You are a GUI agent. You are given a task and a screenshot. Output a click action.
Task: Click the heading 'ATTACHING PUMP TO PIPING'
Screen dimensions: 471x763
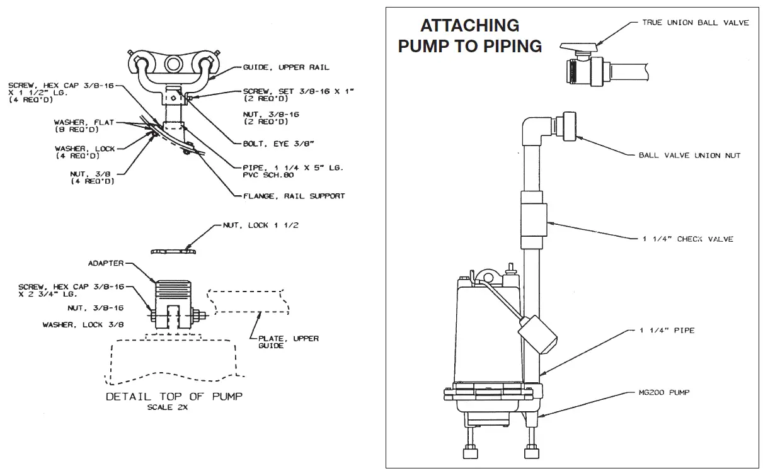pyautogui.click(x=469, y=36)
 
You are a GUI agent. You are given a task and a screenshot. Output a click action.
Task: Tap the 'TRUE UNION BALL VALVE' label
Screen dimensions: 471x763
pyautogui.click(x=695, y=23)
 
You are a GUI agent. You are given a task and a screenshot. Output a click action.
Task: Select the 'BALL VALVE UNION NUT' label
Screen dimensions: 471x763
pyautogui.click(x=689, y=156)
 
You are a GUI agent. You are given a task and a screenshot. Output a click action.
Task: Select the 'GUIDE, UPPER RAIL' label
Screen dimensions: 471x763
pyautogui.click(x=286, y=67)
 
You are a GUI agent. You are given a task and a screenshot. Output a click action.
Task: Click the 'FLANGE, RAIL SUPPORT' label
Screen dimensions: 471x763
pyautogui.click(x=294, y=196)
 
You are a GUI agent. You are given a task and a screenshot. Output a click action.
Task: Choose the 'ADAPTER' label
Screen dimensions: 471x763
pyautogui.click(x=106, y=263)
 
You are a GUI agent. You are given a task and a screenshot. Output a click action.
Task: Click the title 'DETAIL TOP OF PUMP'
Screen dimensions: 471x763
pyautogui.click(x=173, y=397)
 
